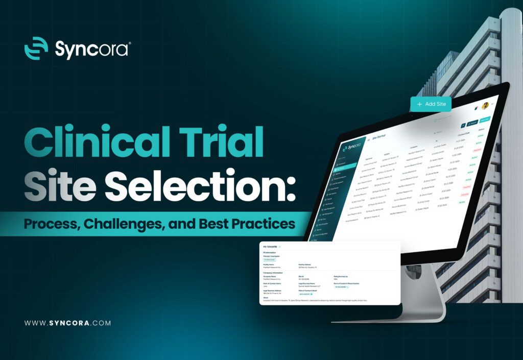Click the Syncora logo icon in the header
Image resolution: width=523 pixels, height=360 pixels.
tap(36, 49)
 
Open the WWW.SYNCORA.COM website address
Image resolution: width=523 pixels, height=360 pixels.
tap(67, 323)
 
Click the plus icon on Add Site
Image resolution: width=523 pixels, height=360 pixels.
tap(419, 104)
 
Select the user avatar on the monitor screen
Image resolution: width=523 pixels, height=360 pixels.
tap(485, 106)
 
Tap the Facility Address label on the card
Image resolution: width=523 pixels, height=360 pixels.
tap(306, 264)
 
